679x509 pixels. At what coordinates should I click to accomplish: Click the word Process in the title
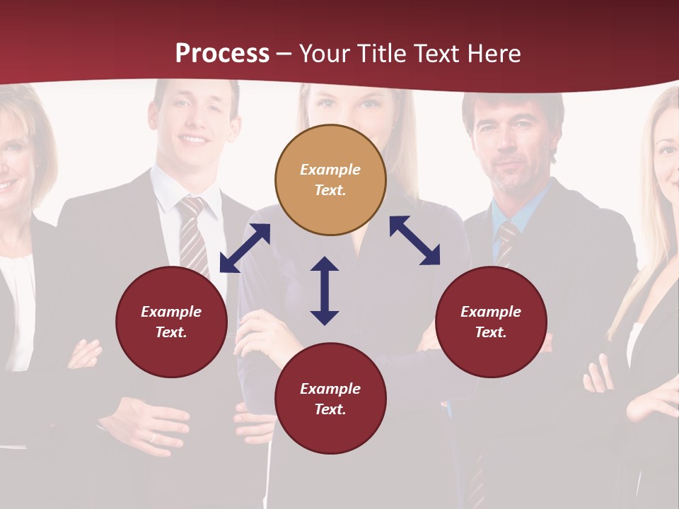pyautogui.click(x=222, y=54)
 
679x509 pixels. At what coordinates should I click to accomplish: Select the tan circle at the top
pyautogui.click(x=330, y=180)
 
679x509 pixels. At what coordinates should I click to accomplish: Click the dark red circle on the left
pyautogui.click(x=171, y=322)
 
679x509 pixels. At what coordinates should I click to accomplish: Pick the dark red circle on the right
pyautogui.click(x=491, y=322)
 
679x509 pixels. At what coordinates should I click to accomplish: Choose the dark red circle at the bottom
pyautogui.click(x=330, y=399)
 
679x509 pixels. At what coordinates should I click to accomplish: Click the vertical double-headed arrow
pyautogui.click(x=325, y=291)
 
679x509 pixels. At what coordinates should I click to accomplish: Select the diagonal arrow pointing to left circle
pyautogui.click(x=245, y=248)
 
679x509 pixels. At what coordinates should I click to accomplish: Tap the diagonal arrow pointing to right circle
pyautogui.click(x=414, y=240)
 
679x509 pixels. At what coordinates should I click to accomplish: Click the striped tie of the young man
pyautogui.click(x=192, y=233)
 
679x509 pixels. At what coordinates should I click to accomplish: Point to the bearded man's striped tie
pyautogui.click(x=506, y=240)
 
